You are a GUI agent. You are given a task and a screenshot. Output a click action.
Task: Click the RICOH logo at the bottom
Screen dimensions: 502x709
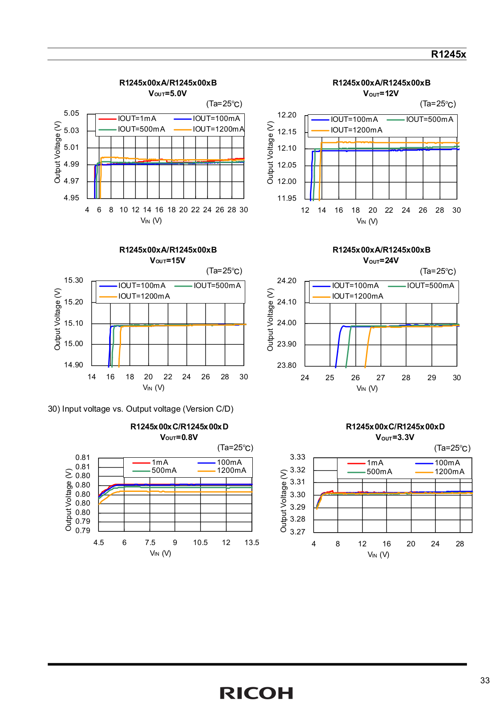pyautogui.click(x=256, y=693)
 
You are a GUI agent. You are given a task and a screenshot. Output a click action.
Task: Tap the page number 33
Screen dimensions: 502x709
pyautogui.click(x=485, y=681)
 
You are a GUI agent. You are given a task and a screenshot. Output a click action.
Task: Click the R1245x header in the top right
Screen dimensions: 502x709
pyautogui.click(x=448, y=54)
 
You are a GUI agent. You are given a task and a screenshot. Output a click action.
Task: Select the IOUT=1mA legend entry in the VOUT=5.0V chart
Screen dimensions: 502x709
pyautogui.click(x=127, y=119)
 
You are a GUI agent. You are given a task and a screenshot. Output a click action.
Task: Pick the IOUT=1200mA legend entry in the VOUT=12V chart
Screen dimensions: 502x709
pyautogui.click(x=346, y=130)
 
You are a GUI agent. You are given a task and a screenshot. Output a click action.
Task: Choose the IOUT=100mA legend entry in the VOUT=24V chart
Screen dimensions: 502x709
pyautogui.click(x=345, y=286)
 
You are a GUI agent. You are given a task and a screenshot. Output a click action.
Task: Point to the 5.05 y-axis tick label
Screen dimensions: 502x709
pyautogui.click(x=71, y=113)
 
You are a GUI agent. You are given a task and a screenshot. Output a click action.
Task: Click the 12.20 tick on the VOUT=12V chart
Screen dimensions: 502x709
pyautogui.click(x=286, y=115)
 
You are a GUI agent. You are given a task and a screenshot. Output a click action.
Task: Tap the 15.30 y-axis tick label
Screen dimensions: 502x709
pyautogui.click(x=74, y=280)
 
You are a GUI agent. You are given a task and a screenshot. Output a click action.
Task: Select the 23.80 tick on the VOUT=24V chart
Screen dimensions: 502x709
pyautogui.click(x=286, y=365)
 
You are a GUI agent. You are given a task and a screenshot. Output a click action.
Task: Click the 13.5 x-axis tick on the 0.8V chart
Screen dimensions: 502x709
pyautogui.click(x=252, y=542)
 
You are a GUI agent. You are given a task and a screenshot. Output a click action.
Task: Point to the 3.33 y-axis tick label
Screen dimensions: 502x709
pyautogui.click(x=298, y=457)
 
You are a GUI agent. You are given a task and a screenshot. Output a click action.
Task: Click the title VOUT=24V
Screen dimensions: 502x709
pyautogui.click(x=381, y=261)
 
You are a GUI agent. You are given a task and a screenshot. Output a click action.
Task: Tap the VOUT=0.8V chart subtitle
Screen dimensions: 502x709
pyautogui.click(x=179, y=437)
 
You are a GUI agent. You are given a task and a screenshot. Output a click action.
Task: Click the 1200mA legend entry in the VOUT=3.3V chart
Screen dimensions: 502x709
pyautogui.click(x=440, y=472)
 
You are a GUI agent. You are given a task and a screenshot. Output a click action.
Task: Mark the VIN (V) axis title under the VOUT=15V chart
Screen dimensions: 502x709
pyautogui.click(x=153, y=388)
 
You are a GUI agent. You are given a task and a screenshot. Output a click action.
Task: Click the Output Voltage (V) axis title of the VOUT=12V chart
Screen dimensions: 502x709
pyautogui.click(x=270, y=152)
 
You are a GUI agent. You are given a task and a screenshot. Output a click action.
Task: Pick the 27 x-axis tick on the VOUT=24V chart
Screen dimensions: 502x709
pyautogui.click(x=380, y=378)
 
